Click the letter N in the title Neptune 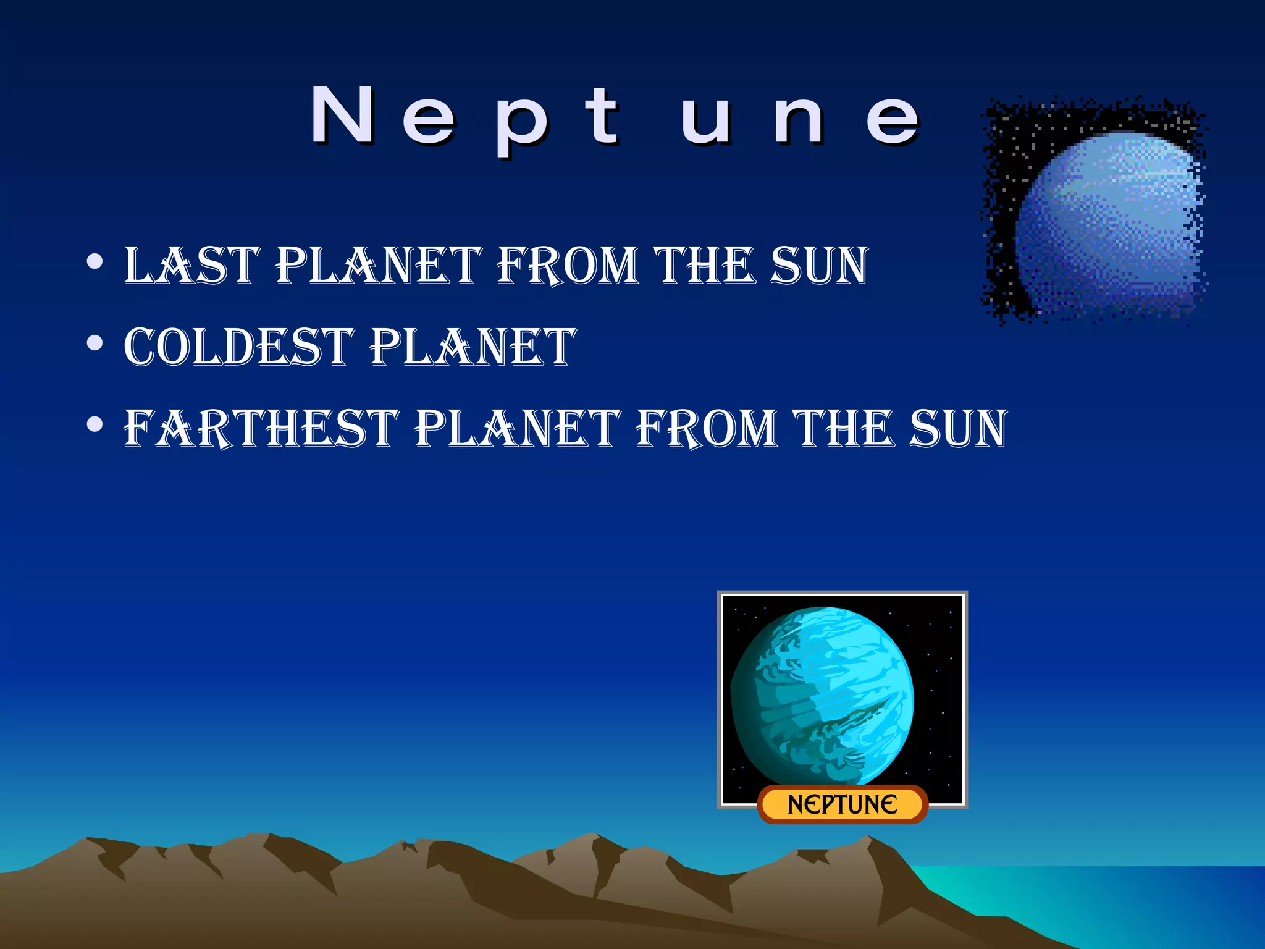(343, 116)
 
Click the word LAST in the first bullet (192, 266)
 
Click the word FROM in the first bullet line (567, 266)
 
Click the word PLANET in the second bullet (473, 347)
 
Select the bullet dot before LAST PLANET (95, 262)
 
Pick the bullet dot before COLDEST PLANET (95, 343)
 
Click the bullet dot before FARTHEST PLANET (95, 424)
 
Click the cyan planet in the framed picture (822, 696)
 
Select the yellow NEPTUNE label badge (843, 804)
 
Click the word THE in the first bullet (705, 266)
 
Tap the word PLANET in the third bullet (518, 428)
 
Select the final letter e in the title (893, 120)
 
